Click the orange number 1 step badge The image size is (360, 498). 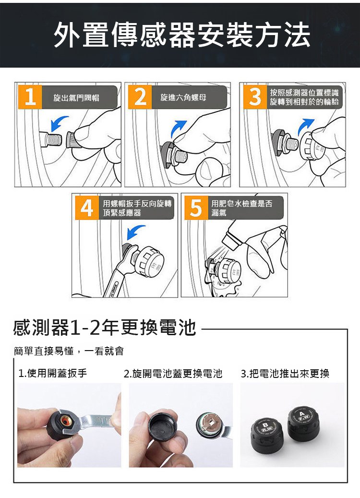30,97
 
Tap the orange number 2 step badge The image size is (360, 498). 140,97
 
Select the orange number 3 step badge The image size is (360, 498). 255,97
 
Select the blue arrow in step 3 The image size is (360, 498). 305,126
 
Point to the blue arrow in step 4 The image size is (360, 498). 135,232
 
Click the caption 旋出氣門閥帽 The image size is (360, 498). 76,97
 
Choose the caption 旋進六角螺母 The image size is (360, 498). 183,97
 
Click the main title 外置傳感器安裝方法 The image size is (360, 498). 182,35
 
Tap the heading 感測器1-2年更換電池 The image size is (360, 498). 105,328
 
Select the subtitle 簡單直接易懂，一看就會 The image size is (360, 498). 69,351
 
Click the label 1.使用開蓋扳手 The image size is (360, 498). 52,373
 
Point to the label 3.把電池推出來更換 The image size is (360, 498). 285,374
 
